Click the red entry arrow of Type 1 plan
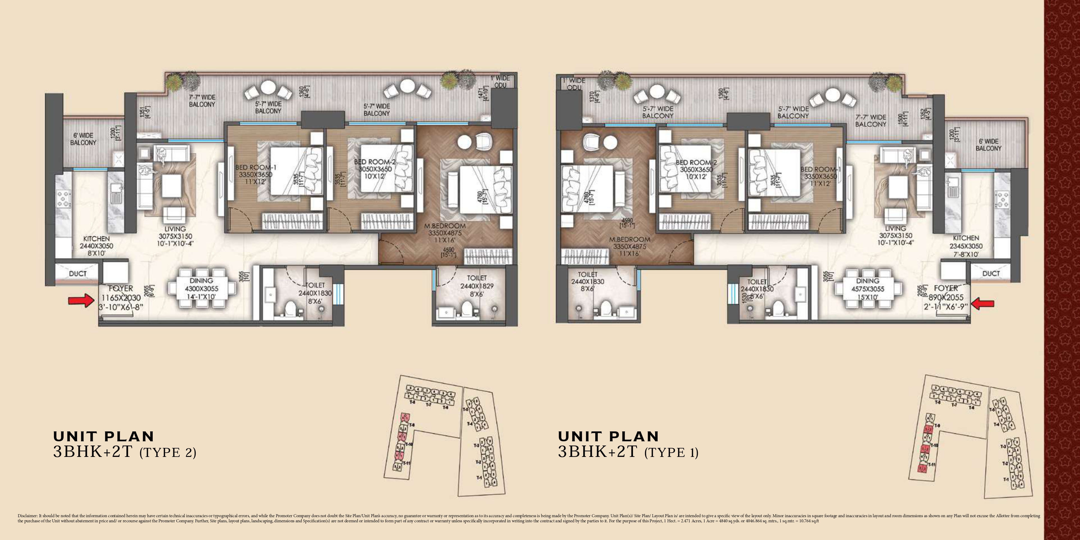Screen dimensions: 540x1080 [982, 304]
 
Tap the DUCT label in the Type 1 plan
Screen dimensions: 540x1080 [991, 273]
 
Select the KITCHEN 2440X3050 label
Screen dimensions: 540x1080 [96, 246]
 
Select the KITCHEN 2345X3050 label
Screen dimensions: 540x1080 [966, 246]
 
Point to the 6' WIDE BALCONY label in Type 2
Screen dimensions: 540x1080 [83, 139]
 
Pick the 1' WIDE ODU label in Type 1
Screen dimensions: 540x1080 [574, 84]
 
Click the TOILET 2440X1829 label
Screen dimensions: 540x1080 [477, 286]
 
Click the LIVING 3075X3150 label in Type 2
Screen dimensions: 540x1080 [175, 236]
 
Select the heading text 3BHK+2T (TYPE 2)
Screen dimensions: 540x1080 [124, 452]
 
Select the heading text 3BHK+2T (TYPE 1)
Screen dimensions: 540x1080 [628, 452]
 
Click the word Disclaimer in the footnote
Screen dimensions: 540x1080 [27, 516]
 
